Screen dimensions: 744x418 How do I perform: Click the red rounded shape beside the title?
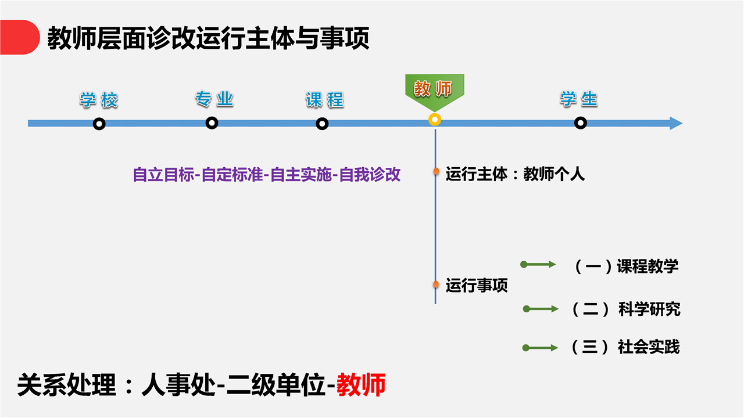click(19, 37)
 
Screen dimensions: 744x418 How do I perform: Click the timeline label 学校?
click(99, 100)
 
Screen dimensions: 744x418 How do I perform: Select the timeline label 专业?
click(214, 99)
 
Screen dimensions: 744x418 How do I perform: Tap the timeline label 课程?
click(325, 100)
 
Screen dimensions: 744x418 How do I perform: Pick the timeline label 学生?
click(579, 99)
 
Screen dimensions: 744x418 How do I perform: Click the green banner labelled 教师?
click(434, 90)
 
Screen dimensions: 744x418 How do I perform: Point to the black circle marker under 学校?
click(99, 124)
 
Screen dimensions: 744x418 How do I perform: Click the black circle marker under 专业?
click(212, 123)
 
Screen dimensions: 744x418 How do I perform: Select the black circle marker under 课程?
click(322, 124)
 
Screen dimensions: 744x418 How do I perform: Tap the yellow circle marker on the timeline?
click(434, 120)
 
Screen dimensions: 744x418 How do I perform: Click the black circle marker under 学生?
click(580, 123)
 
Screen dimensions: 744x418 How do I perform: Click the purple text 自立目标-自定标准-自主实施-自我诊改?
click(267, 175)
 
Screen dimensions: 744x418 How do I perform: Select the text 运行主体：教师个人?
click(515, 174)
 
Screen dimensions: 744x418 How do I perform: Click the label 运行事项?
click(477, 285)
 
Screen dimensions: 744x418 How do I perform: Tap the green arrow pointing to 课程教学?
click(538, 264)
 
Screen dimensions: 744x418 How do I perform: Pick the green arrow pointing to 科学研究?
click(541, 309)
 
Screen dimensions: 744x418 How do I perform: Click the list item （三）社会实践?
click(625, 347)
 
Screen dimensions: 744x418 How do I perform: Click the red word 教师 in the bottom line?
click(361, 385)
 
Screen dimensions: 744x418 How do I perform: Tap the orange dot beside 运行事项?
click(436, 284)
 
